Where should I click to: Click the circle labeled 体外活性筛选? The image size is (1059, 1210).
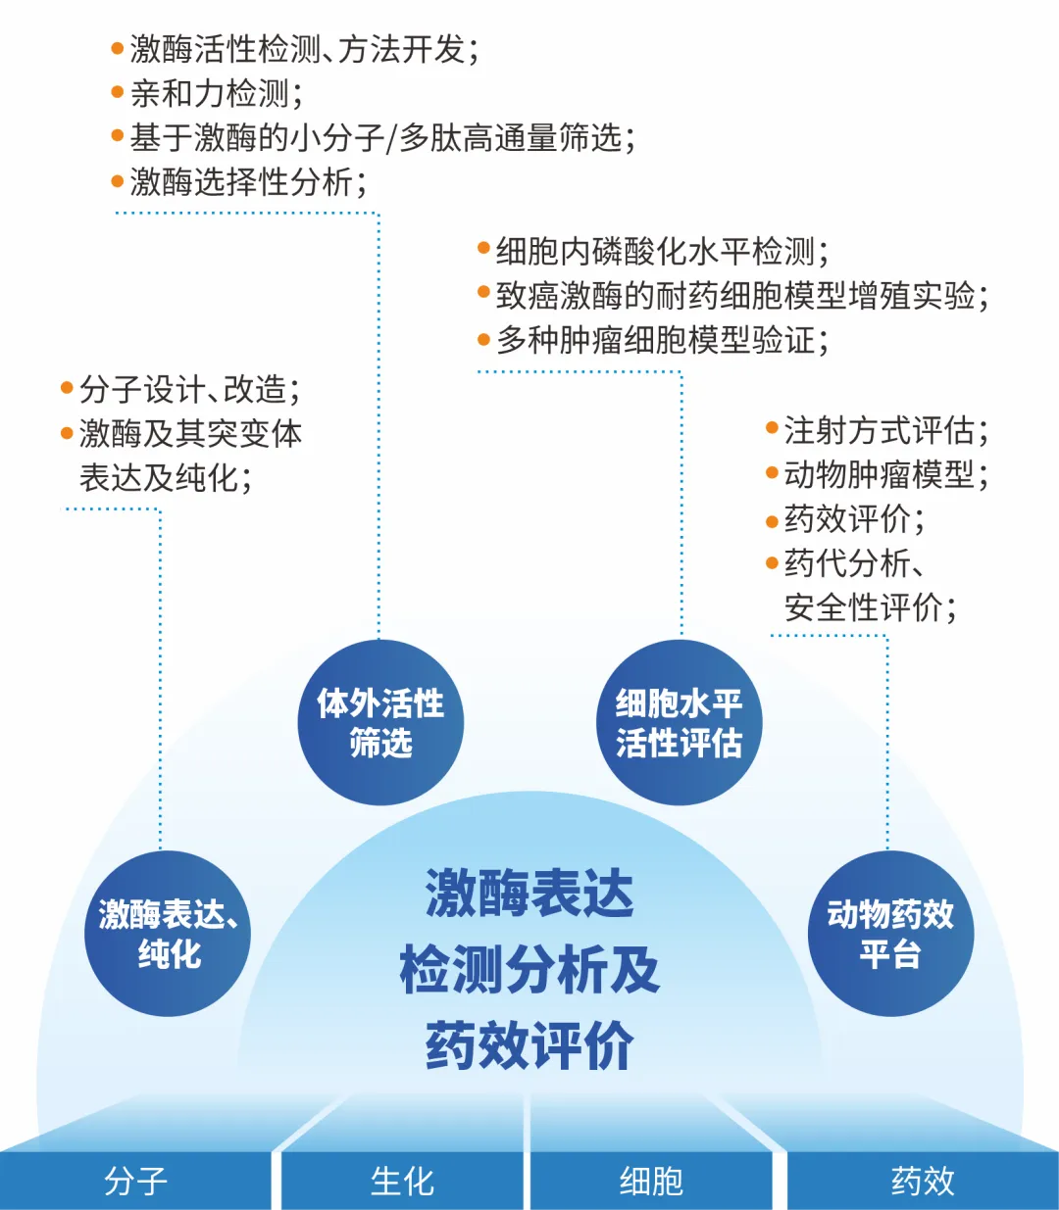click(380, 723)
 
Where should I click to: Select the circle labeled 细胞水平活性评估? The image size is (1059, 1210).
click(679, 723)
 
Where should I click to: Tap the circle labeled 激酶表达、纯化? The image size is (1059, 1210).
click(168, 934)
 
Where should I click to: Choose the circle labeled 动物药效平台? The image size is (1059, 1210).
click(890, 934)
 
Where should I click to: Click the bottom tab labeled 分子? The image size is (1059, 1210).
click(135, 1181)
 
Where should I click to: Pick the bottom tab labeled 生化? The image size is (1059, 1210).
click(402, 1181)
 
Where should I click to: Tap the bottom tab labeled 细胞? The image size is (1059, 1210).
click(651, 1181)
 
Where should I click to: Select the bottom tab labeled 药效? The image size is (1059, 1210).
click(923, 1181)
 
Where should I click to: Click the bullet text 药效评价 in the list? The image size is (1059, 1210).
click(853, 518)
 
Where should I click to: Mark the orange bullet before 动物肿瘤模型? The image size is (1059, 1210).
click(772, 474)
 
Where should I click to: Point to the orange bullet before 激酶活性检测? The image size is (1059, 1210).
click(118, 48)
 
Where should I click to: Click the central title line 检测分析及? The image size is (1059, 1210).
click(529, 970)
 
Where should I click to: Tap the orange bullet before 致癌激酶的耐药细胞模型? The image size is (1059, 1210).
click(483, 293)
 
